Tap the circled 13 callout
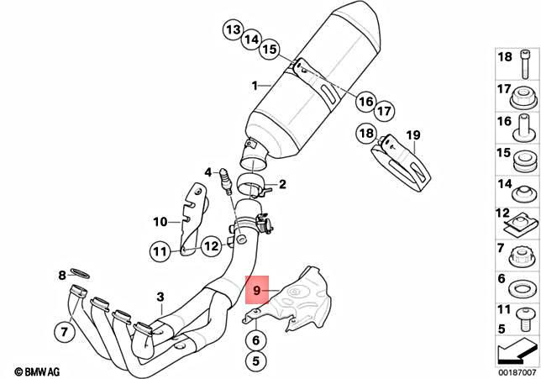tap(233, 30)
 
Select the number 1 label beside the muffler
tap(255, 86)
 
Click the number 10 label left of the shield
tap(160, 222)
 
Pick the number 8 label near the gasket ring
tap(61, 275)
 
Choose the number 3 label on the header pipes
tap(160, 297)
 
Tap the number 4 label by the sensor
tap(207, 172)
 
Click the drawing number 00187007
tap(515, 370)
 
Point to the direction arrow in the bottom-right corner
tap(514, 348)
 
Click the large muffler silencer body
tap(315, 80)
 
